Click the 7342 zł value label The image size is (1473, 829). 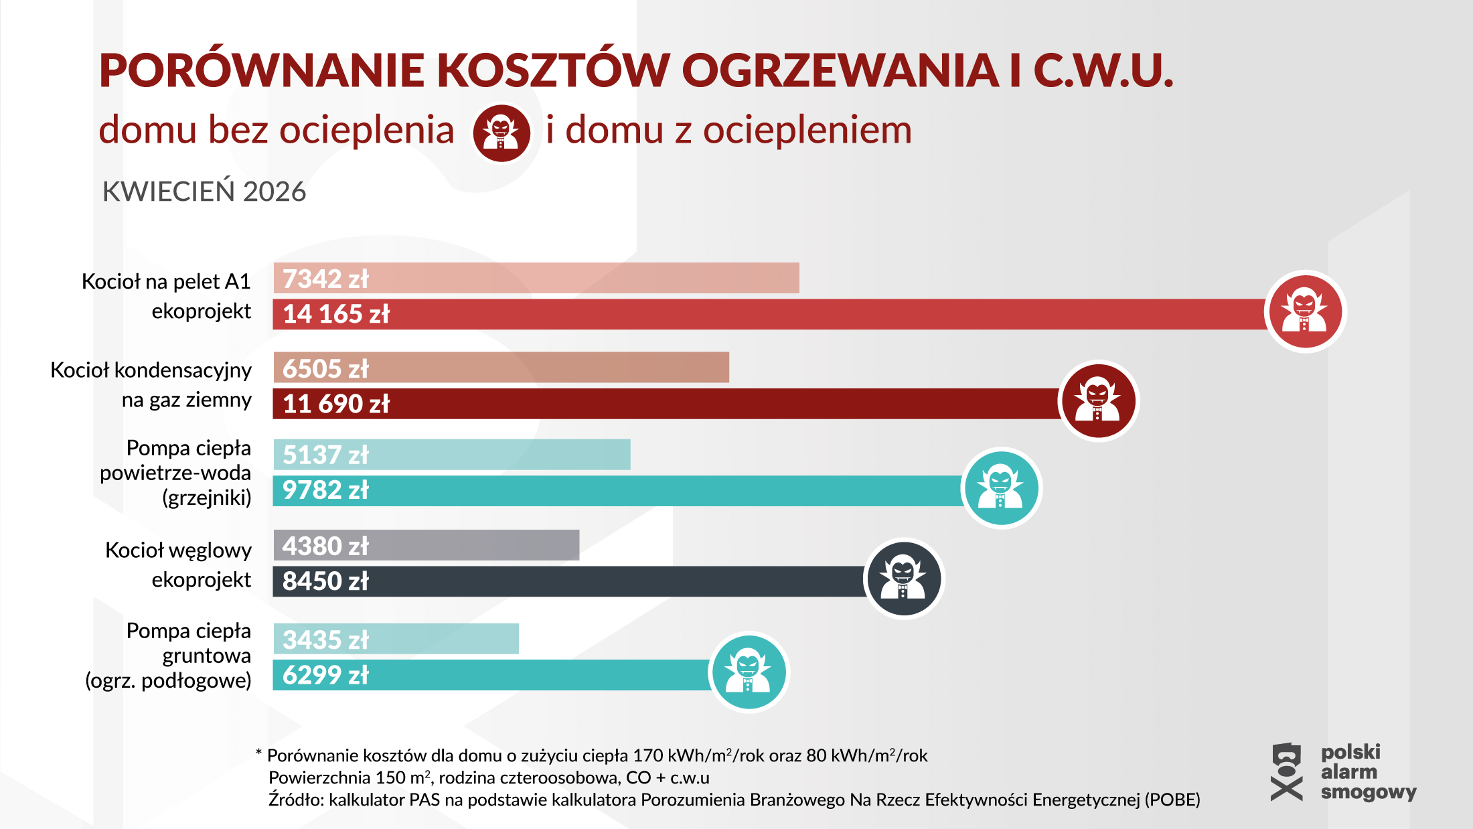coord(325,279)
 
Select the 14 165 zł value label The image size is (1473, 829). coord(335,314)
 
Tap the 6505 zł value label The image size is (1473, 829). coord(325,369)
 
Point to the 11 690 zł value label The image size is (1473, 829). coord(335,404)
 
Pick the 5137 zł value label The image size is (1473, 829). coord(325,455)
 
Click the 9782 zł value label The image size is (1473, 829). coord(325,490)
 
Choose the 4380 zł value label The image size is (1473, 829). coord(325,546)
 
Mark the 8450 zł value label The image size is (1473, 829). coord(325,581)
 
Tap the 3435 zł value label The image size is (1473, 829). coord(325,640)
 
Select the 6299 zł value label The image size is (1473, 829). coord(325,675)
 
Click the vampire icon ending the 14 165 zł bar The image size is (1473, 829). coord(1305,312)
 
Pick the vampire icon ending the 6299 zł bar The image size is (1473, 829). coord(749,672)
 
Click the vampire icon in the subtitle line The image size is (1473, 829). coord(501,133)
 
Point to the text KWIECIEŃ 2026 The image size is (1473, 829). coord(204,192)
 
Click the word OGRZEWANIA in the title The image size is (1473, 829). coord(840,70)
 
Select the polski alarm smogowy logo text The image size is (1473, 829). coord(1368,772)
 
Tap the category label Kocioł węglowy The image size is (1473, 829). coord(178,550)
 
